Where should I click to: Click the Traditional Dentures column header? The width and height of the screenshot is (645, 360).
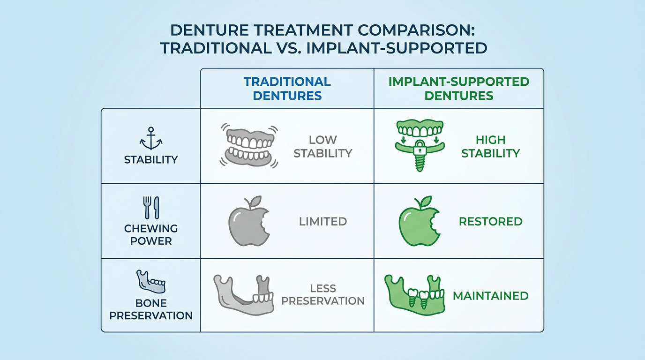pos(287,89)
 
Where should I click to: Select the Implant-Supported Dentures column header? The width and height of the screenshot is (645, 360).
pos(459,89)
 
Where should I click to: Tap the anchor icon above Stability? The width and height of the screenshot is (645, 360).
pos(151,139)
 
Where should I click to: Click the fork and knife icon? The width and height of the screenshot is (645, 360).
pos(151,207)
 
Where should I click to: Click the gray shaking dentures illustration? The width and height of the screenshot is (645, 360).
pos(249,145)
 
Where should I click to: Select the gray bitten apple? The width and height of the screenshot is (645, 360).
pos(249,221)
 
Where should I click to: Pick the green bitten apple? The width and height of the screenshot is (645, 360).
pos(419,221)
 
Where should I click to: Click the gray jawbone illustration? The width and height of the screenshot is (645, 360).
pos(244,295)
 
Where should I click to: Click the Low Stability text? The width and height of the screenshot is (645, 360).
pos(323,147)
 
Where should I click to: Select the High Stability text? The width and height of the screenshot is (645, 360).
pos(491,147)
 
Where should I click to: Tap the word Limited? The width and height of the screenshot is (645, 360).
pos(323,221)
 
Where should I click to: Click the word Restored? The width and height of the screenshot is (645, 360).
pos(491,221)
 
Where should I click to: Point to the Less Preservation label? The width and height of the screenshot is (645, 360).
pos(323,295)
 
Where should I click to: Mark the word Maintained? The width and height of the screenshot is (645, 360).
pos(491,296)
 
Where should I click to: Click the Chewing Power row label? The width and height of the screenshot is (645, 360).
pos(151,235)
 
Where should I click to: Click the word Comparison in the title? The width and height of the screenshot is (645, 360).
pos(414,30)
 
